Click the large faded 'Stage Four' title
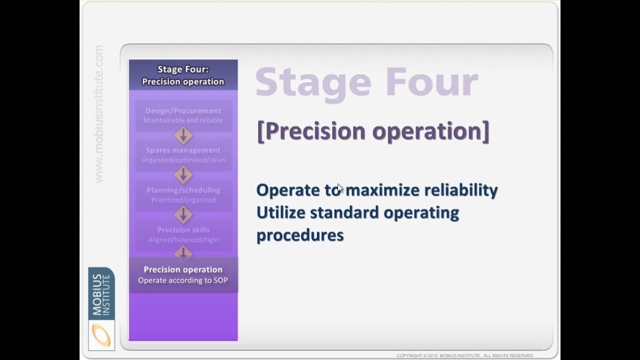tap(366, 83)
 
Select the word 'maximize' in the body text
tap(382, 190)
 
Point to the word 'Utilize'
tap(280, 213)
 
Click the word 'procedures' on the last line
tap(300, 235)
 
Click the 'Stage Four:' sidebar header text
tap(183, 69)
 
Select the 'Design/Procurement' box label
tap(183, 111)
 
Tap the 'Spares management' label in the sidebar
tap(183, 150)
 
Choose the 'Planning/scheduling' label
tap(183, 190)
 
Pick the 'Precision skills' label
tap(183, 230)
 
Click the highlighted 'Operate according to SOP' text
tap(183, 280)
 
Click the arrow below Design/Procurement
tap(183, 135)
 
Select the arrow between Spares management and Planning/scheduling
tap(183, 175)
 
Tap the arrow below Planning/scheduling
tap(183, 215)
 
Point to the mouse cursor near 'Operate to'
tap(340, 188)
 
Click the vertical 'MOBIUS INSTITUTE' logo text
tap(101, 294)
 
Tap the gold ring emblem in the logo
tap(101, 335)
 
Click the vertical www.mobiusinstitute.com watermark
tap(99, 114)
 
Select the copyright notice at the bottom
tap(464, 356)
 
